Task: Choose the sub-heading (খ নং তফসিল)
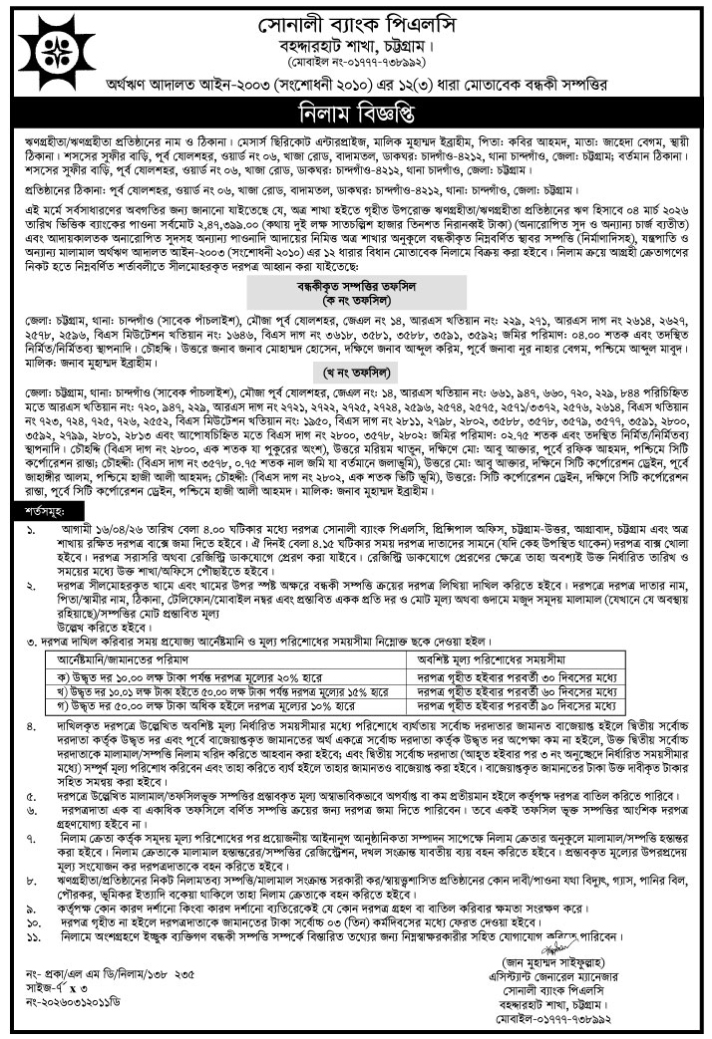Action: pos(356,376)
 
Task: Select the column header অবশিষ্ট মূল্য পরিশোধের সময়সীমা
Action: pos(506,657)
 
